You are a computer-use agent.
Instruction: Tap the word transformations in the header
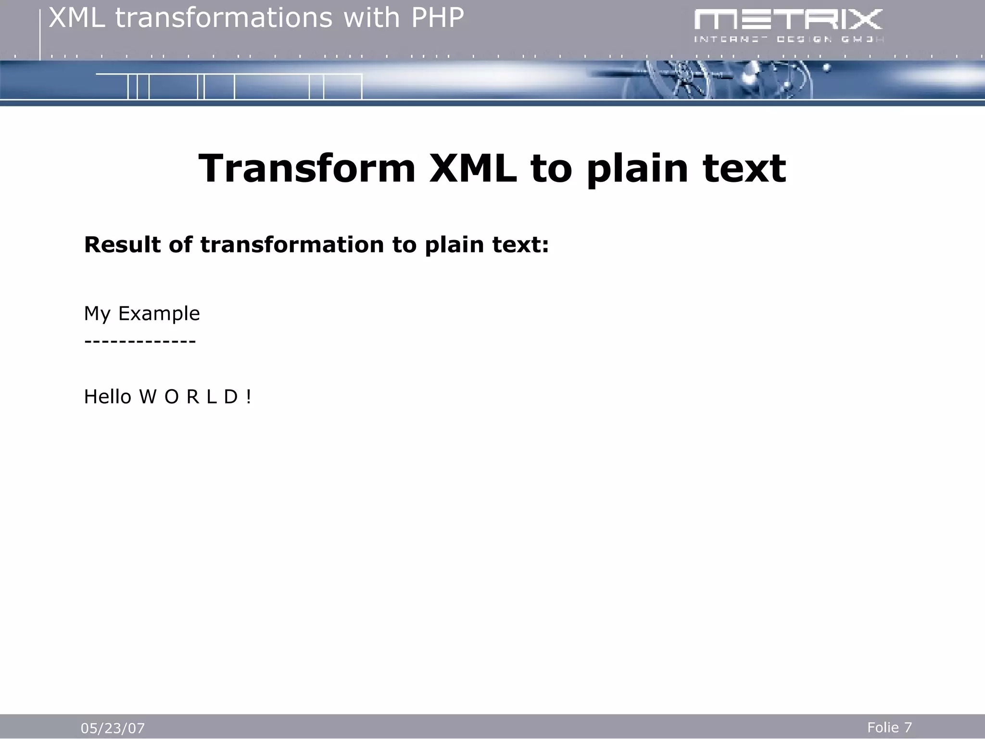tap(224, 18)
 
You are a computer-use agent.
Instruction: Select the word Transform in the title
tap(307, 168)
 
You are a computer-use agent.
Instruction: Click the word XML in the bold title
tap(472, 168)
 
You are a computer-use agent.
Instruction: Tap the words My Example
tap(141, 314)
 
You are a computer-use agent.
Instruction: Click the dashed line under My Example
tap(139, 341)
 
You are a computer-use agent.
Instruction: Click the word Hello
tap(108, 397)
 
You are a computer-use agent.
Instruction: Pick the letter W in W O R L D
tap(148, 397)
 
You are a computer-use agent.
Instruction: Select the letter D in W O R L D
tap(231, 397)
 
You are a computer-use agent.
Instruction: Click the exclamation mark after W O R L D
tap(248, 397)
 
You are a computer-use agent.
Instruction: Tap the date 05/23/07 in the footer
tap(113, 728)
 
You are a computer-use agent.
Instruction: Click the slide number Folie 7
tap(889, 727)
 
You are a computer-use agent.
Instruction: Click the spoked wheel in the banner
tap(682, 82)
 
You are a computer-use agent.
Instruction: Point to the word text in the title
tap(744, 168)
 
